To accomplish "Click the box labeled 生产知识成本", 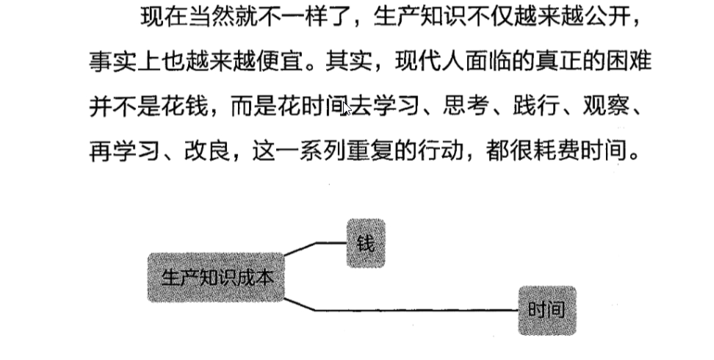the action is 215,278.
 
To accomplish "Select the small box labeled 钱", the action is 365,243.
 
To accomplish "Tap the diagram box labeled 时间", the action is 547,310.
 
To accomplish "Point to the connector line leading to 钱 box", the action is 323,242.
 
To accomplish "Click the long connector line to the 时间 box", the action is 411,310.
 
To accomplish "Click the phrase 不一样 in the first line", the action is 294,16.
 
